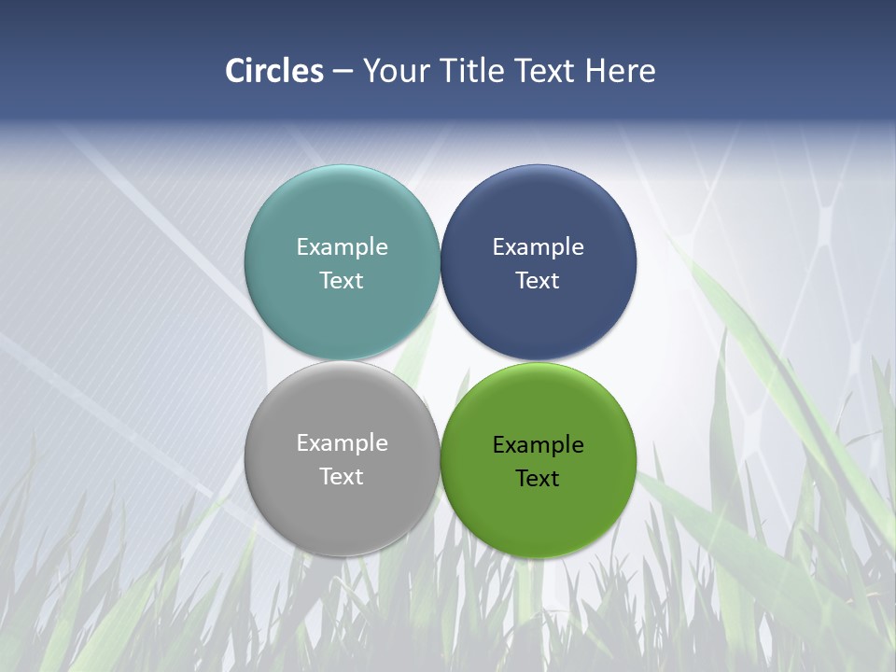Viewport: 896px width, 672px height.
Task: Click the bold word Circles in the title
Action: pos(274,71)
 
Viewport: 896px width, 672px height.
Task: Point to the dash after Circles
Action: pos(343,72)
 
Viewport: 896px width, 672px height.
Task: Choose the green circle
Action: pos(539,513)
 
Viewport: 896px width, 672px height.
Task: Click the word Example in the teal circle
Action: pos(342,247)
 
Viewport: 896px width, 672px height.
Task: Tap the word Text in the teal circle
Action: pos(342,281)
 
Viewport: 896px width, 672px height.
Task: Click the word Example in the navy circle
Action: pos(539,247)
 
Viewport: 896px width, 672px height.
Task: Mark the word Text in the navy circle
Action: pos(539,281)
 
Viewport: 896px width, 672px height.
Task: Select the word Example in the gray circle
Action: pos(342,443)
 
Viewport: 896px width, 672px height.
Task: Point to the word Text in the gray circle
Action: pos(342,477)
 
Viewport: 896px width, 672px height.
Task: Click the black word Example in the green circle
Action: pos(539,445)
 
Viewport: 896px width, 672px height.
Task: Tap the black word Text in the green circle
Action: pos(539,479)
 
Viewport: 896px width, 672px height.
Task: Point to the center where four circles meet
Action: pos(441,360)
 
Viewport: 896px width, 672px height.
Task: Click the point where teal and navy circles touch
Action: pos(441,262)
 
